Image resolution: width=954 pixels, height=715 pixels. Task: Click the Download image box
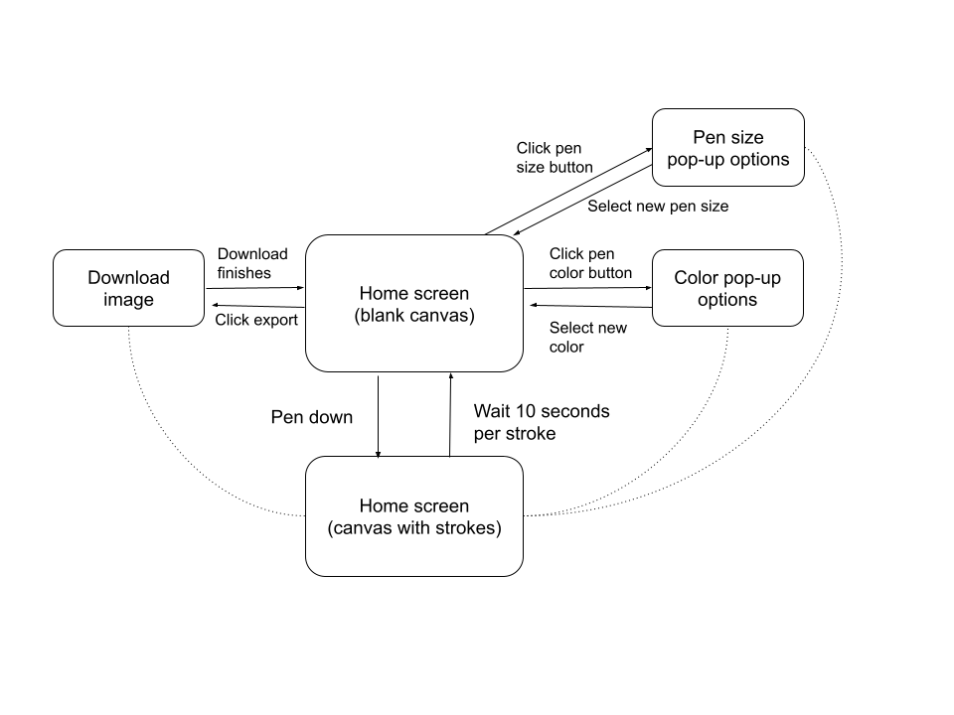128,288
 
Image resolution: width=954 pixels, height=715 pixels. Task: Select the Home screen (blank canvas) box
414,304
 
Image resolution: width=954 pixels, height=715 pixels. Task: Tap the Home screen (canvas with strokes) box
414,516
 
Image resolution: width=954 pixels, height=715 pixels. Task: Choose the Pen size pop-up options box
728,148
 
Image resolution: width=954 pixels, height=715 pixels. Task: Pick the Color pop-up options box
727,288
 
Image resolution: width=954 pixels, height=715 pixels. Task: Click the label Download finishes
252,263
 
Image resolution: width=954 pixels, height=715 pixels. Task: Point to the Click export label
256,320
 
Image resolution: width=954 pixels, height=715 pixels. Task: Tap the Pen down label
311,417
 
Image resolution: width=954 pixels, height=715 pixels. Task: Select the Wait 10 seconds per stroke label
542,422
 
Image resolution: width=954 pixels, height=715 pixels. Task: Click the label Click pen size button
555,158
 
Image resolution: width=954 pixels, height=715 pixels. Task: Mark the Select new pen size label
658,207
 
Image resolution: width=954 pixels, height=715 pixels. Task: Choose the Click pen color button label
590,263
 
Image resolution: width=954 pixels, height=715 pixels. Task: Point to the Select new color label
587,337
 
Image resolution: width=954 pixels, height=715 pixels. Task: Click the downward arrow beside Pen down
378,416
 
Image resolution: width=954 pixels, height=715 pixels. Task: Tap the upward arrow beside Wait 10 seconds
450,415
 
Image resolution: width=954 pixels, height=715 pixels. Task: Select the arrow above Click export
258,306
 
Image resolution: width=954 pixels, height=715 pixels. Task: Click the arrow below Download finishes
255,288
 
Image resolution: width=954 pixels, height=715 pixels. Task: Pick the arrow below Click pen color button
587,288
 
